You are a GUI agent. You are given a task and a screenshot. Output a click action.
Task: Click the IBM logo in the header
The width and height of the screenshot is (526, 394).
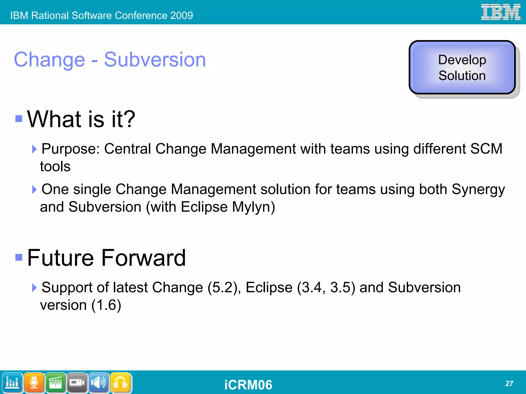501,12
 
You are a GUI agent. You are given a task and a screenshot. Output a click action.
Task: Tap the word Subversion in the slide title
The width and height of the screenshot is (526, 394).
155,60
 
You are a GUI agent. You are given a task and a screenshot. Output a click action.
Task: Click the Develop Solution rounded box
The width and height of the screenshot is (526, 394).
462,68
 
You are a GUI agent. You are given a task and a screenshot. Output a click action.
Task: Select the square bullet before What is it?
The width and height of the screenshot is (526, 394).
19,118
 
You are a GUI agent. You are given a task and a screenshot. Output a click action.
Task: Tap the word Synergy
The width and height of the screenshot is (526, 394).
478,190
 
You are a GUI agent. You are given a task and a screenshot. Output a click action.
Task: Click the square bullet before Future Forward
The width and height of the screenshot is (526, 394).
19,257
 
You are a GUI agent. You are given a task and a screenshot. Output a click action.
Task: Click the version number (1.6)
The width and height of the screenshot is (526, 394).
106,305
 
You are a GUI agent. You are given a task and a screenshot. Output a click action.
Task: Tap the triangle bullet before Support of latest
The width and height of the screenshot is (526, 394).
34,287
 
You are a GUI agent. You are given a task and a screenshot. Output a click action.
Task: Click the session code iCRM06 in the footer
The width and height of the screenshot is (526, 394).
248,384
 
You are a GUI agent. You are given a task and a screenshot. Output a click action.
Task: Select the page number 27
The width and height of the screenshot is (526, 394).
509,383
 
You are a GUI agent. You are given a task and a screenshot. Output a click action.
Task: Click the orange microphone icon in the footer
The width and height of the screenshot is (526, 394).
34,383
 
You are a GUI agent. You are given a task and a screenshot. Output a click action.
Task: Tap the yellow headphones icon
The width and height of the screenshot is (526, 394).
120,383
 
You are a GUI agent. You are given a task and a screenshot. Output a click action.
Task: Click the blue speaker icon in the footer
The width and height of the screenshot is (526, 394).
99,383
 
